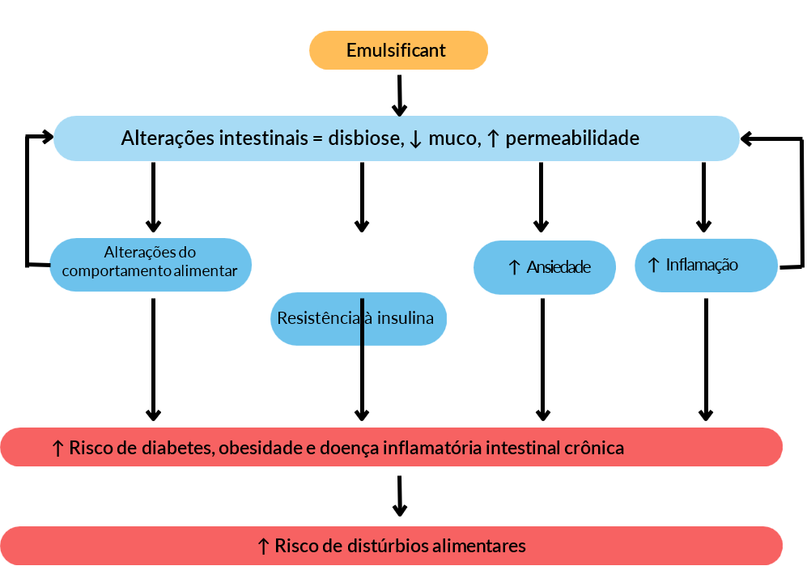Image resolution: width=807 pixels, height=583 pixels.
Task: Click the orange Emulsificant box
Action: (398, 50)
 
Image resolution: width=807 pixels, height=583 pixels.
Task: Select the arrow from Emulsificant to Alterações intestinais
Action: (399, 96)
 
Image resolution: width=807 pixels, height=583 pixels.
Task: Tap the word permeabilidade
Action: (572, 138)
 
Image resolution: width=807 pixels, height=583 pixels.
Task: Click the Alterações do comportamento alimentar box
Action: (151, 264)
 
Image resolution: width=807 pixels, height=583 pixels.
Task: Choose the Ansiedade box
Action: (544, 267)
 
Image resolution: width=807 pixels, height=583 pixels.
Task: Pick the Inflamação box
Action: (706, 265)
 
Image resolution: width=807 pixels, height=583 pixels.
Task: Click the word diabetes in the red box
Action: (171, 448)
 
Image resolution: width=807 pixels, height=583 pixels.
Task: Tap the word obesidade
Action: (261, 448)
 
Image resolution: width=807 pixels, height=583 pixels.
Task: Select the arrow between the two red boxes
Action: (399, 496)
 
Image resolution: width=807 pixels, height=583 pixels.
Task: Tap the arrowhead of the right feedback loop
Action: (748, 138)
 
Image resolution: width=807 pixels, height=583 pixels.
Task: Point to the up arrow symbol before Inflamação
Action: (654, 264)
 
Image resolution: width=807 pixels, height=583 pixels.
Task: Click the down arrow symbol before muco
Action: (415, 139)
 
